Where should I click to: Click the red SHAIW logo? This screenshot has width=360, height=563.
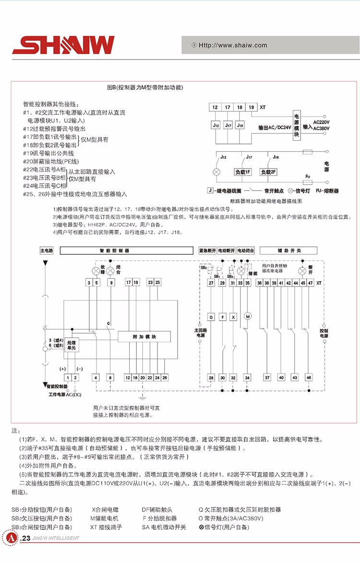tap(63, 45)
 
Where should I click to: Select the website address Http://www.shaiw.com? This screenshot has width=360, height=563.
tap(233, 46)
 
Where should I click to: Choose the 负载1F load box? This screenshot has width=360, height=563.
tap(242, 172)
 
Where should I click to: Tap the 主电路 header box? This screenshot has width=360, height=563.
tap(47, 251)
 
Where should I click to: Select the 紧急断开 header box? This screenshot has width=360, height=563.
tap(207, 251)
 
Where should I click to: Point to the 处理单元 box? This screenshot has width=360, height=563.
tap(72, 344)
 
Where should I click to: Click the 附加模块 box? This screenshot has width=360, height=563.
tap(144, 337)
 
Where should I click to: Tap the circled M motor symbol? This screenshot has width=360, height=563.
tap(248, 316)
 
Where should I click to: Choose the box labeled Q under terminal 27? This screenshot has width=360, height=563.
tap(211, 317)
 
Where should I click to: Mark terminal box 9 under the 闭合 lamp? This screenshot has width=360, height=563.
tap(111, 283)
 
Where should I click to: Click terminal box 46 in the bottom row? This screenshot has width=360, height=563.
tap(309, 378)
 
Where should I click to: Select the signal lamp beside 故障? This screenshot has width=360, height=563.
tap(95, 271)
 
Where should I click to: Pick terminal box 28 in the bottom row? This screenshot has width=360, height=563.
tap(211, 378)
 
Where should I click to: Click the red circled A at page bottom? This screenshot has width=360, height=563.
tap(12, 538)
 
